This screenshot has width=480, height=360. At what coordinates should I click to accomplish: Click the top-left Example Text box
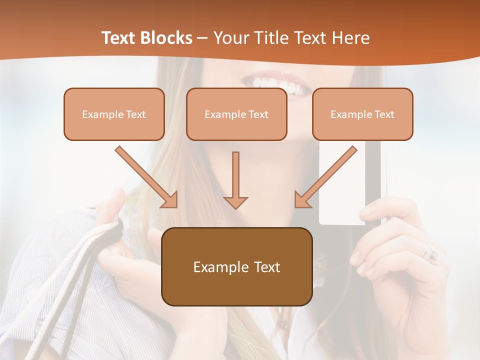point(114,114)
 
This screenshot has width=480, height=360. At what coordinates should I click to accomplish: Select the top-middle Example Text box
point(236,114)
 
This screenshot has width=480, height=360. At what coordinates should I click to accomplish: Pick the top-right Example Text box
point(362,114)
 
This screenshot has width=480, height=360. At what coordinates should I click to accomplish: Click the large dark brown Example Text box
point(236,266)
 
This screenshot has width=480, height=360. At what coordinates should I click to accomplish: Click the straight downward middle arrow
point(235,180)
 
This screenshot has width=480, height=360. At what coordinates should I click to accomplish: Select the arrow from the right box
point(325,177)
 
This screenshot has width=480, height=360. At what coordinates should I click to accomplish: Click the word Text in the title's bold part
point(118,38)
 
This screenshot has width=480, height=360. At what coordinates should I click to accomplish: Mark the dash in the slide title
point(202,38)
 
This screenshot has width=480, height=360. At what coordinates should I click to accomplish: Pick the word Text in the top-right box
point(384,114)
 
